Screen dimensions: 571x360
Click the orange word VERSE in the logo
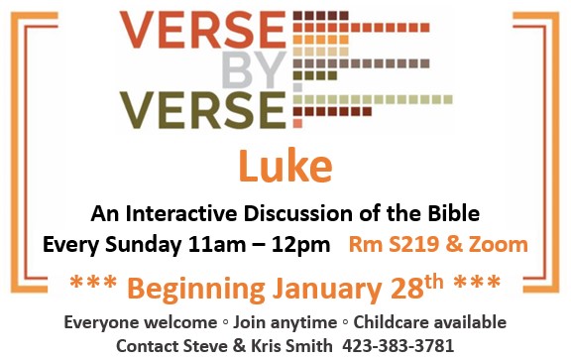(203, 30)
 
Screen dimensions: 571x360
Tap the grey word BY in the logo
(254, 70)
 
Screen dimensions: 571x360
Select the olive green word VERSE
(203, 110)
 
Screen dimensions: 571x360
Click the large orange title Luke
(285, 167)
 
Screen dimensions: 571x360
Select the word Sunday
(143, 245)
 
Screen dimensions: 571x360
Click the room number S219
(413, 245)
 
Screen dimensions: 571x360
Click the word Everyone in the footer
(102, 323)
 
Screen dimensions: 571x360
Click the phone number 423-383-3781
(399, 346)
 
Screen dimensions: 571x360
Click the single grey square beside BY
(297, 87)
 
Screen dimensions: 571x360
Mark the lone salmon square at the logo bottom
(297, 123)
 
